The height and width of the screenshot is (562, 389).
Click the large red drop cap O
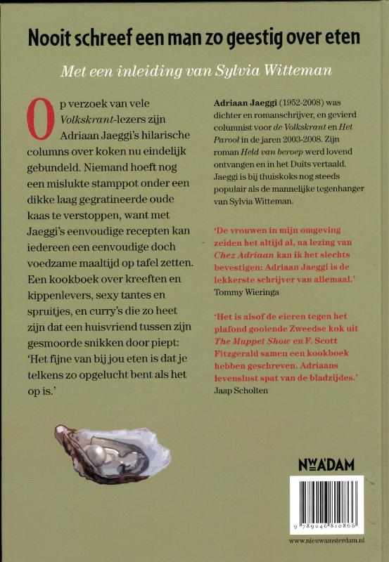click(41, 118)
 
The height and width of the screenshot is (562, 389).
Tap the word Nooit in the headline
click(48, 39)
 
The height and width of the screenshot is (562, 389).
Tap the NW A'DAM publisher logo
click(326, 463)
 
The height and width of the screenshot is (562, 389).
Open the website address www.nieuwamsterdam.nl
click(326, 541)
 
